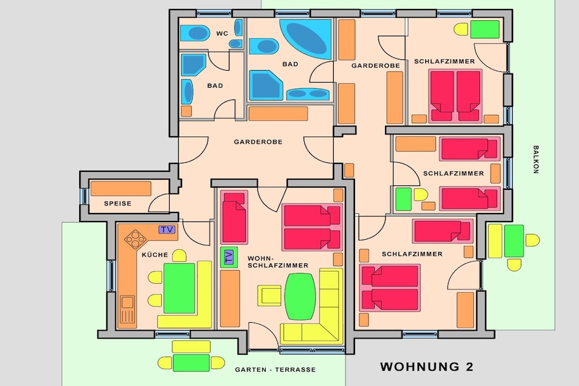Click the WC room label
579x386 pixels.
coord(222,33)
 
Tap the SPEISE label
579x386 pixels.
coord(118,203)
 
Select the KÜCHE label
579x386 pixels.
coord(155,255)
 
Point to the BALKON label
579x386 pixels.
coord(536,159)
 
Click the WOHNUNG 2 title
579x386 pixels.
coord(426,367)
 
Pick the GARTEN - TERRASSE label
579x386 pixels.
coord(275,370)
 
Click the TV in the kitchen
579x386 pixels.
coord(167,229)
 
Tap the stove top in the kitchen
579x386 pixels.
coord(136,239)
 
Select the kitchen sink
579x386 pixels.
coord(127,309)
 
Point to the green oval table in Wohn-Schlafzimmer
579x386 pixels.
coord(300,296)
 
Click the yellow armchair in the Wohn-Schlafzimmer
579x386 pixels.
coord(270,296)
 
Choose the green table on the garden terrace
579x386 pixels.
coord(191,363)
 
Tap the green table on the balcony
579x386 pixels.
coord(514,241)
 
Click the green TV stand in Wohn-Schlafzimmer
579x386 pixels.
coord(229,257)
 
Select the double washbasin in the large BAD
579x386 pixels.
coord(308,94)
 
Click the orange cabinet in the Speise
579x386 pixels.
coord(121,189)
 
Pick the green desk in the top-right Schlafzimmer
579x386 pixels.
coord(485,29)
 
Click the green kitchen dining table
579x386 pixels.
coord(179,288)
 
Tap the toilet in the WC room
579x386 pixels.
coord(195,33)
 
